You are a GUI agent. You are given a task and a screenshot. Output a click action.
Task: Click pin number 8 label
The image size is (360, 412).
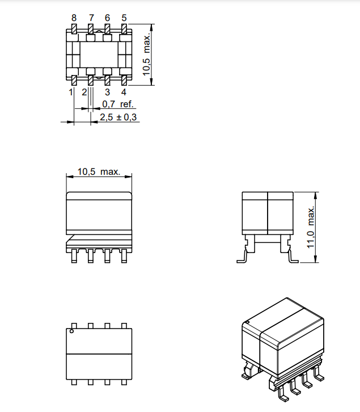74,18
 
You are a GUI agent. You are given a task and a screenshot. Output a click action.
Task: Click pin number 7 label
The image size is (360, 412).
91,18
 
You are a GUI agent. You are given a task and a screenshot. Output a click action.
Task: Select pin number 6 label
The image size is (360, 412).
107,18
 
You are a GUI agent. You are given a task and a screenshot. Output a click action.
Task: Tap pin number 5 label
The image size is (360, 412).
124,18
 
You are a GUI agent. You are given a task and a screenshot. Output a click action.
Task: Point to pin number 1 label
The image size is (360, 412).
71,92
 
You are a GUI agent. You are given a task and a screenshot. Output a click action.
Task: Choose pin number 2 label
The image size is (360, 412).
84,92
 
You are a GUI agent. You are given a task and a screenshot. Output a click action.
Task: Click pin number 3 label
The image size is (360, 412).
107,92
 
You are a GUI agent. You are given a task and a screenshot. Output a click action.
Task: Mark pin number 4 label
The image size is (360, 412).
124,92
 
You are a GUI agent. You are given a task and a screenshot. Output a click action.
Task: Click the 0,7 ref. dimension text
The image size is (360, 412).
117,104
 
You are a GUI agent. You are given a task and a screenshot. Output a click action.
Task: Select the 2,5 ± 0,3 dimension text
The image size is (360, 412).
118,117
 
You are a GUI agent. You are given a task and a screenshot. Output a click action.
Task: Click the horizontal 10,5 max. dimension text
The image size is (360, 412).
99,171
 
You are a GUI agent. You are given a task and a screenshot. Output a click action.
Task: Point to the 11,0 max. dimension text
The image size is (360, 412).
311,227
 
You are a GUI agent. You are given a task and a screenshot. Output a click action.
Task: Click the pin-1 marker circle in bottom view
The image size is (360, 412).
71,331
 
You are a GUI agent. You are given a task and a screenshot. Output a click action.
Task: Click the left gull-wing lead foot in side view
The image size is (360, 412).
241,260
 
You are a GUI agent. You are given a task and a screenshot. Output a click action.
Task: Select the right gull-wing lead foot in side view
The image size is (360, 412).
293,260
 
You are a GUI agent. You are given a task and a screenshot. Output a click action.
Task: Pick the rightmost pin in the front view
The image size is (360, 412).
124,257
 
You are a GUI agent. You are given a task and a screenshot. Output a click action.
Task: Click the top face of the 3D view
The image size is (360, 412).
283,321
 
